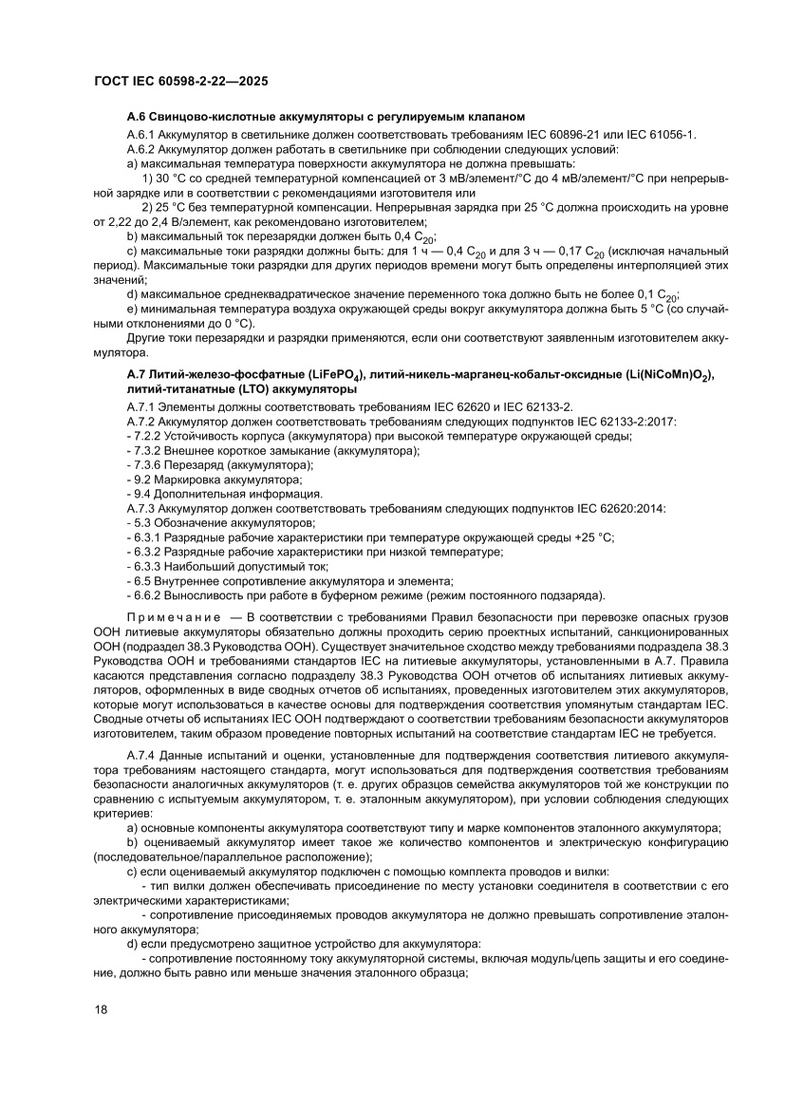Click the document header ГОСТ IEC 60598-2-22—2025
pos(180,82)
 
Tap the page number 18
pos(102,1008)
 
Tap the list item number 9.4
pos(142,494)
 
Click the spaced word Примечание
pos(171,617)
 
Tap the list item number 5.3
pos(142,523)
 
